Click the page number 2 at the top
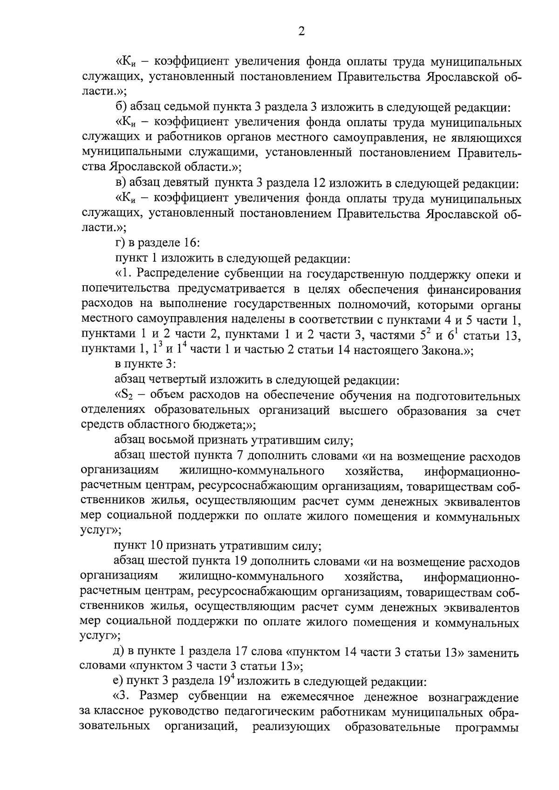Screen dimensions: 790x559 [x=301, y=32]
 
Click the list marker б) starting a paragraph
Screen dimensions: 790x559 [x=121, y=108]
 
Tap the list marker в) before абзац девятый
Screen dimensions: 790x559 [x=121, y=183]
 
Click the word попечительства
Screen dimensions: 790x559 [x=123, y=289]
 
